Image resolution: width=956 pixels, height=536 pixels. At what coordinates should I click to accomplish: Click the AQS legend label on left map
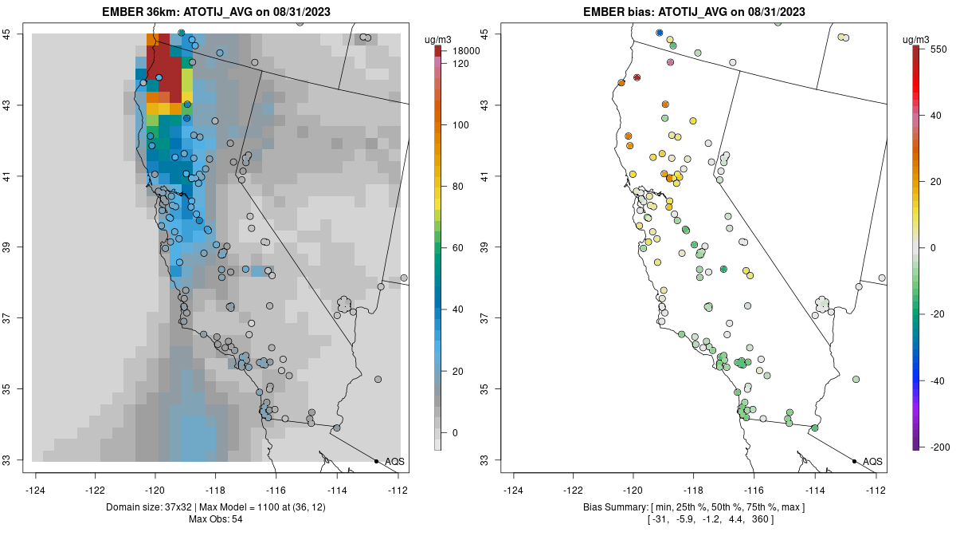394,462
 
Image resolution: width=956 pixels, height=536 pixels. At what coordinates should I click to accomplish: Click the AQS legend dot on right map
854,461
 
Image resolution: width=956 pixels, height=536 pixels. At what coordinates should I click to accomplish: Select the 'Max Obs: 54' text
215,519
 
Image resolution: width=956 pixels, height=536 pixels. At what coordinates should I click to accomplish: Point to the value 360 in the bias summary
786,520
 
